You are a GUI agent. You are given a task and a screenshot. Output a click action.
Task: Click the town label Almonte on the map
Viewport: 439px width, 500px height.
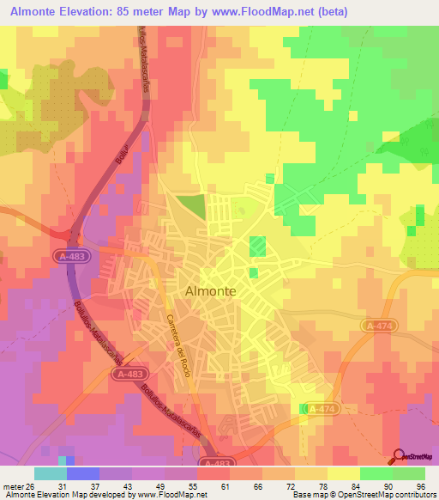coord(211,291)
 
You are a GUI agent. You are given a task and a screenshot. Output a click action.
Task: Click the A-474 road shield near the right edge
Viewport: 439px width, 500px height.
coord(376,326)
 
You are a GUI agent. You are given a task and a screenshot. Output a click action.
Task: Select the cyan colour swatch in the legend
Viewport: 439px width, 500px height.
coord(51,473)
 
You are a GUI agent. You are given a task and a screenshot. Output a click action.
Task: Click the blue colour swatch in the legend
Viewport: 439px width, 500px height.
coord(83,473)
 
